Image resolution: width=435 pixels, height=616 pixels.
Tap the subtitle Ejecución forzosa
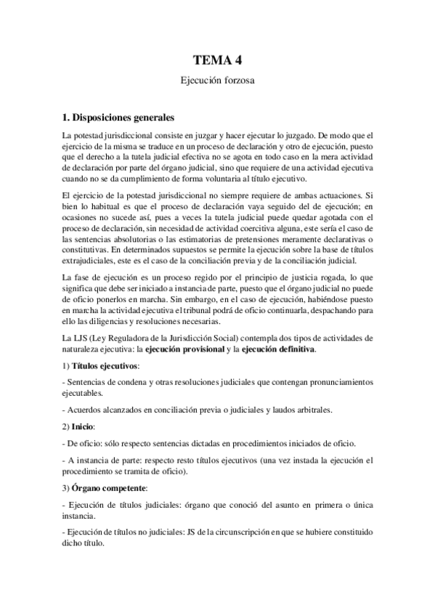[217, 83]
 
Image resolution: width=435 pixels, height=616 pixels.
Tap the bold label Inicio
[86, 429]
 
